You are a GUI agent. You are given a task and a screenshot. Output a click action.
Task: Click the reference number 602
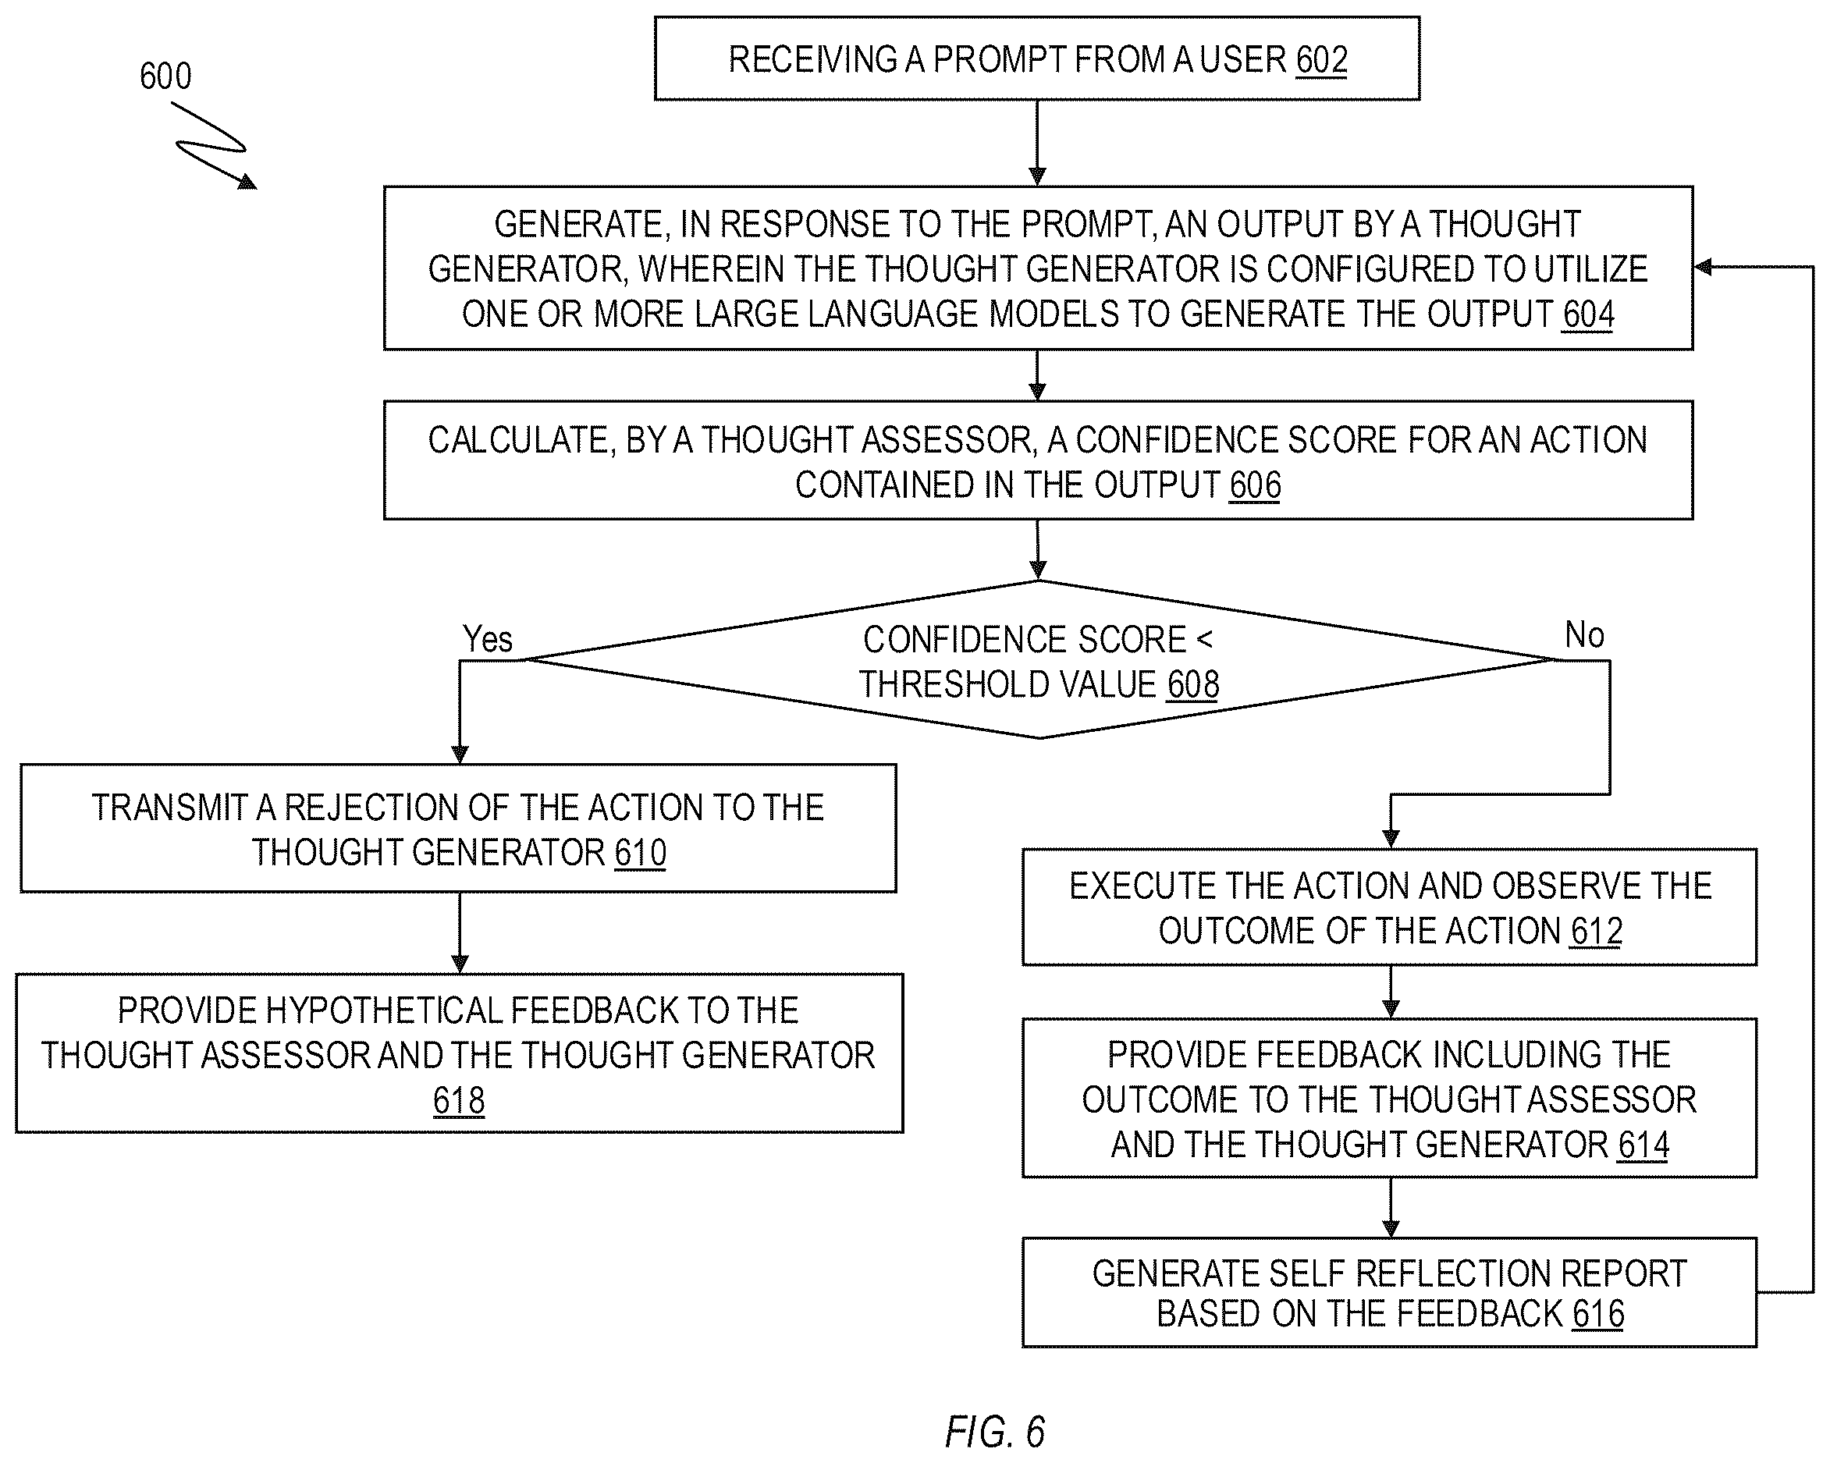click(x=1321, y=59)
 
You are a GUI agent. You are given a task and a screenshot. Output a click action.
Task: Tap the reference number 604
click(x=1587, y=314)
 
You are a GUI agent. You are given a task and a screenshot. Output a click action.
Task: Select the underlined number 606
click(x=1256, y=485)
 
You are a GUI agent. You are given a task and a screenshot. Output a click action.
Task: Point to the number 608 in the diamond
click(x=1193, y=684)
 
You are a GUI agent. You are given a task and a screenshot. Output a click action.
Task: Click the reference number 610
click(x=641, y=852)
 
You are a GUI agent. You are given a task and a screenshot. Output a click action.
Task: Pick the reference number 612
click(x=1596, y=931)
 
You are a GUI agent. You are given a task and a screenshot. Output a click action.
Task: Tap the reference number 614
click(x=1643, y=1145)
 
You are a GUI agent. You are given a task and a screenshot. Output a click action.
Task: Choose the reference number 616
click(x=1597, y=1314)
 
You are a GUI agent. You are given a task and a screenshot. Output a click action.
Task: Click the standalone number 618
click(x=459, y=1100)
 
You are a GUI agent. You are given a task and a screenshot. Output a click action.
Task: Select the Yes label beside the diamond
click(x=487, y=639)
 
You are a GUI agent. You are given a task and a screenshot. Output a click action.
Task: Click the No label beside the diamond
click(x=1584, y=635)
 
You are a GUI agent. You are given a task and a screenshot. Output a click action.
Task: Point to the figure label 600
click(x=165, y=76)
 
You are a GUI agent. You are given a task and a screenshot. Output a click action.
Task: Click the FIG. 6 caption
click(x=995, y=1433)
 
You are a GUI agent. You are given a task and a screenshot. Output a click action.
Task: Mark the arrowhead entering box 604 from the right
click(x=1702, y=268)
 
